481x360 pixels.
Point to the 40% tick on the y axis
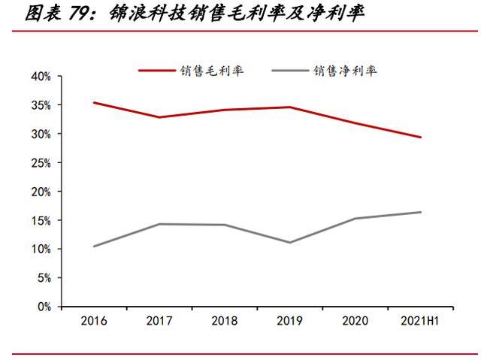pyautogui.click(x=41, y=77)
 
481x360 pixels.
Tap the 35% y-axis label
pyautogui.click(x=41, y=105)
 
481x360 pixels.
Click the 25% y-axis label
pyautogui.click(x=41, y=163)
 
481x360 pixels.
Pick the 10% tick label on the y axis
pyautogui.click(x=41, y=250)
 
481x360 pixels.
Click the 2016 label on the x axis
pyautogui.click(x=94, y=321)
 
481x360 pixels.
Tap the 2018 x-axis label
pyautogui.click(x=225, y=321)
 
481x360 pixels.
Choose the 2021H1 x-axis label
pyautogui.click(x=420, y=321)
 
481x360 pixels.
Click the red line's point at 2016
pyautogui.click(x=94, y=102)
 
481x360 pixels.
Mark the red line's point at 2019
pyautogui.click(x=290, y=107)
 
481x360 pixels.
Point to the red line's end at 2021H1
pyautogui.click(x=421, y=138)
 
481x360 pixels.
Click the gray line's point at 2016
pyautogui.click(x=94, y=246)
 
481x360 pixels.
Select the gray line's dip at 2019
pyautogui.click(x=290, y=242)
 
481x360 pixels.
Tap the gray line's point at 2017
pyautogui.click(x=159, y=224)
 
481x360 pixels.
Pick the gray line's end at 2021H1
pyautogui.click(x=421, y=212)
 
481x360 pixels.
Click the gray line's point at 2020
pyautogui.click(x=355, y=219)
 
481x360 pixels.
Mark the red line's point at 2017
pyautogui.click(x=159, y=117)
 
